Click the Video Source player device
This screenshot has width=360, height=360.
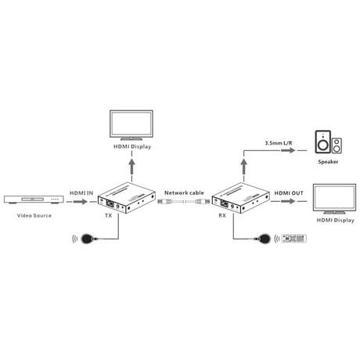click(x=34, y=200)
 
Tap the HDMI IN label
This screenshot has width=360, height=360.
click(x=81, y=193)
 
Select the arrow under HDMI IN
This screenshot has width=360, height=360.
click(x=81, y=201)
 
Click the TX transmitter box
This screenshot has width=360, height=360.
click(x=127, y=198)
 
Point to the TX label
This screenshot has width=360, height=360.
click(x=108, y=215)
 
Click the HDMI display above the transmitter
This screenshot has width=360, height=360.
click(x=131, y=125)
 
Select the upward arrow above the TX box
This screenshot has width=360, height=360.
click(x=132, y=167)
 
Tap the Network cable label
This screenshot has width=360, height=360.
click(x=184, y=193)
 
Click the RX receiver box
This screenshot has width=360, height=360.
click(x=240, y=198)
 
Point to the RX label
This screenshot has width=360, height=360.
click(x=222, y=215)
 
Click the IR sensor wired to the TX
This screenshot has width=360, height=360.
click(x=88, y=239)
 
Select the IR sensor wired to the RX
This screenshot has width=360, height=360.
click(x=265, y=239)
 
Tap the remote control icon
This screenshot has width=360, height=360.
click(x=294, y=239)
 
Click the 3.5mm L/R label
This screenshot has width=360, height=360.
click(x=279, y=143)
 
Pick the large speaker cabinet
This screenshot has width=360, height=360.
click(x=323, y=142)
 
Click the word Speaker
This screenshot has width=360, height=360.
click(x=328, y=162)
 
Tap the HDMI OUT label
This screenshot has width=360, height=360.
click(x=289, y=193)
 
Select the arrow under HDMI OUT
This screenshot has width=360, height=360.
click(x=288, y=201)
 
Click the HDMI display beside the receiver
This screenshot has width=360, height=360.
click(x=334, y=199)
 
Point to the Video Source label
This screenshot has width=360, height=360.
click(x=34, y=215)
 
